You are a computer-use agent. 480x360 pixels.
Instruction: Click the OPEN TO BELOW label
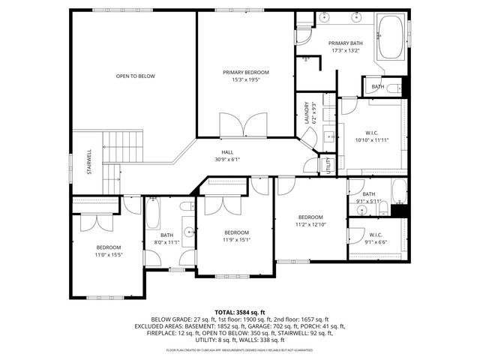(135, 76)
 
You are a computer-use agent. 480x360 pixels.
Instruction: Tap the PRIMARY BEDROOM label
(245, 72)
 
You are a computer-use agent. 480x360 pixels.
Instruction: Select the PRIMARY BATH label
(346, 43)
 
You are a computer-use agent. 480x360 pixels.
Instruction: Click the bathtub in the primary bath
(390, 37)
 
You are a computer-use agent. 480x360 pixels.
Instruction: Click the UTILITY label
(328, 165)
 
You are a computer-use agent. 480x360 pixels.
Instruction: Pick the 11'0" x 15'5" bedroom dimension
(108, 256)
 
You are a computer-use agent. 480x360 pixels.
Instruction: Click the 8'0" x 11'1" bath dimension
(166, 242)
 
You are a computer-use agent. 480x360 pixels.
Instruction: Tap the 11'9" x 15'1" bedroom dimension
(236, 240)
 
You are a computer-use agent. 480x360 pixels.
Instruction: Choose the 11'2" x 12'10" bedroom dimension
(310, 223)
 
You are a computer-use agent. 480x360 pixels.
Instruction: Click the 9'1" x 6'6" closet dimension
(375, 242)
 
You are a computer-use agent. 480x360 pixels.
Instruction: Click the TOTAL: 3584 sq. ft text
(240, 312)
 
